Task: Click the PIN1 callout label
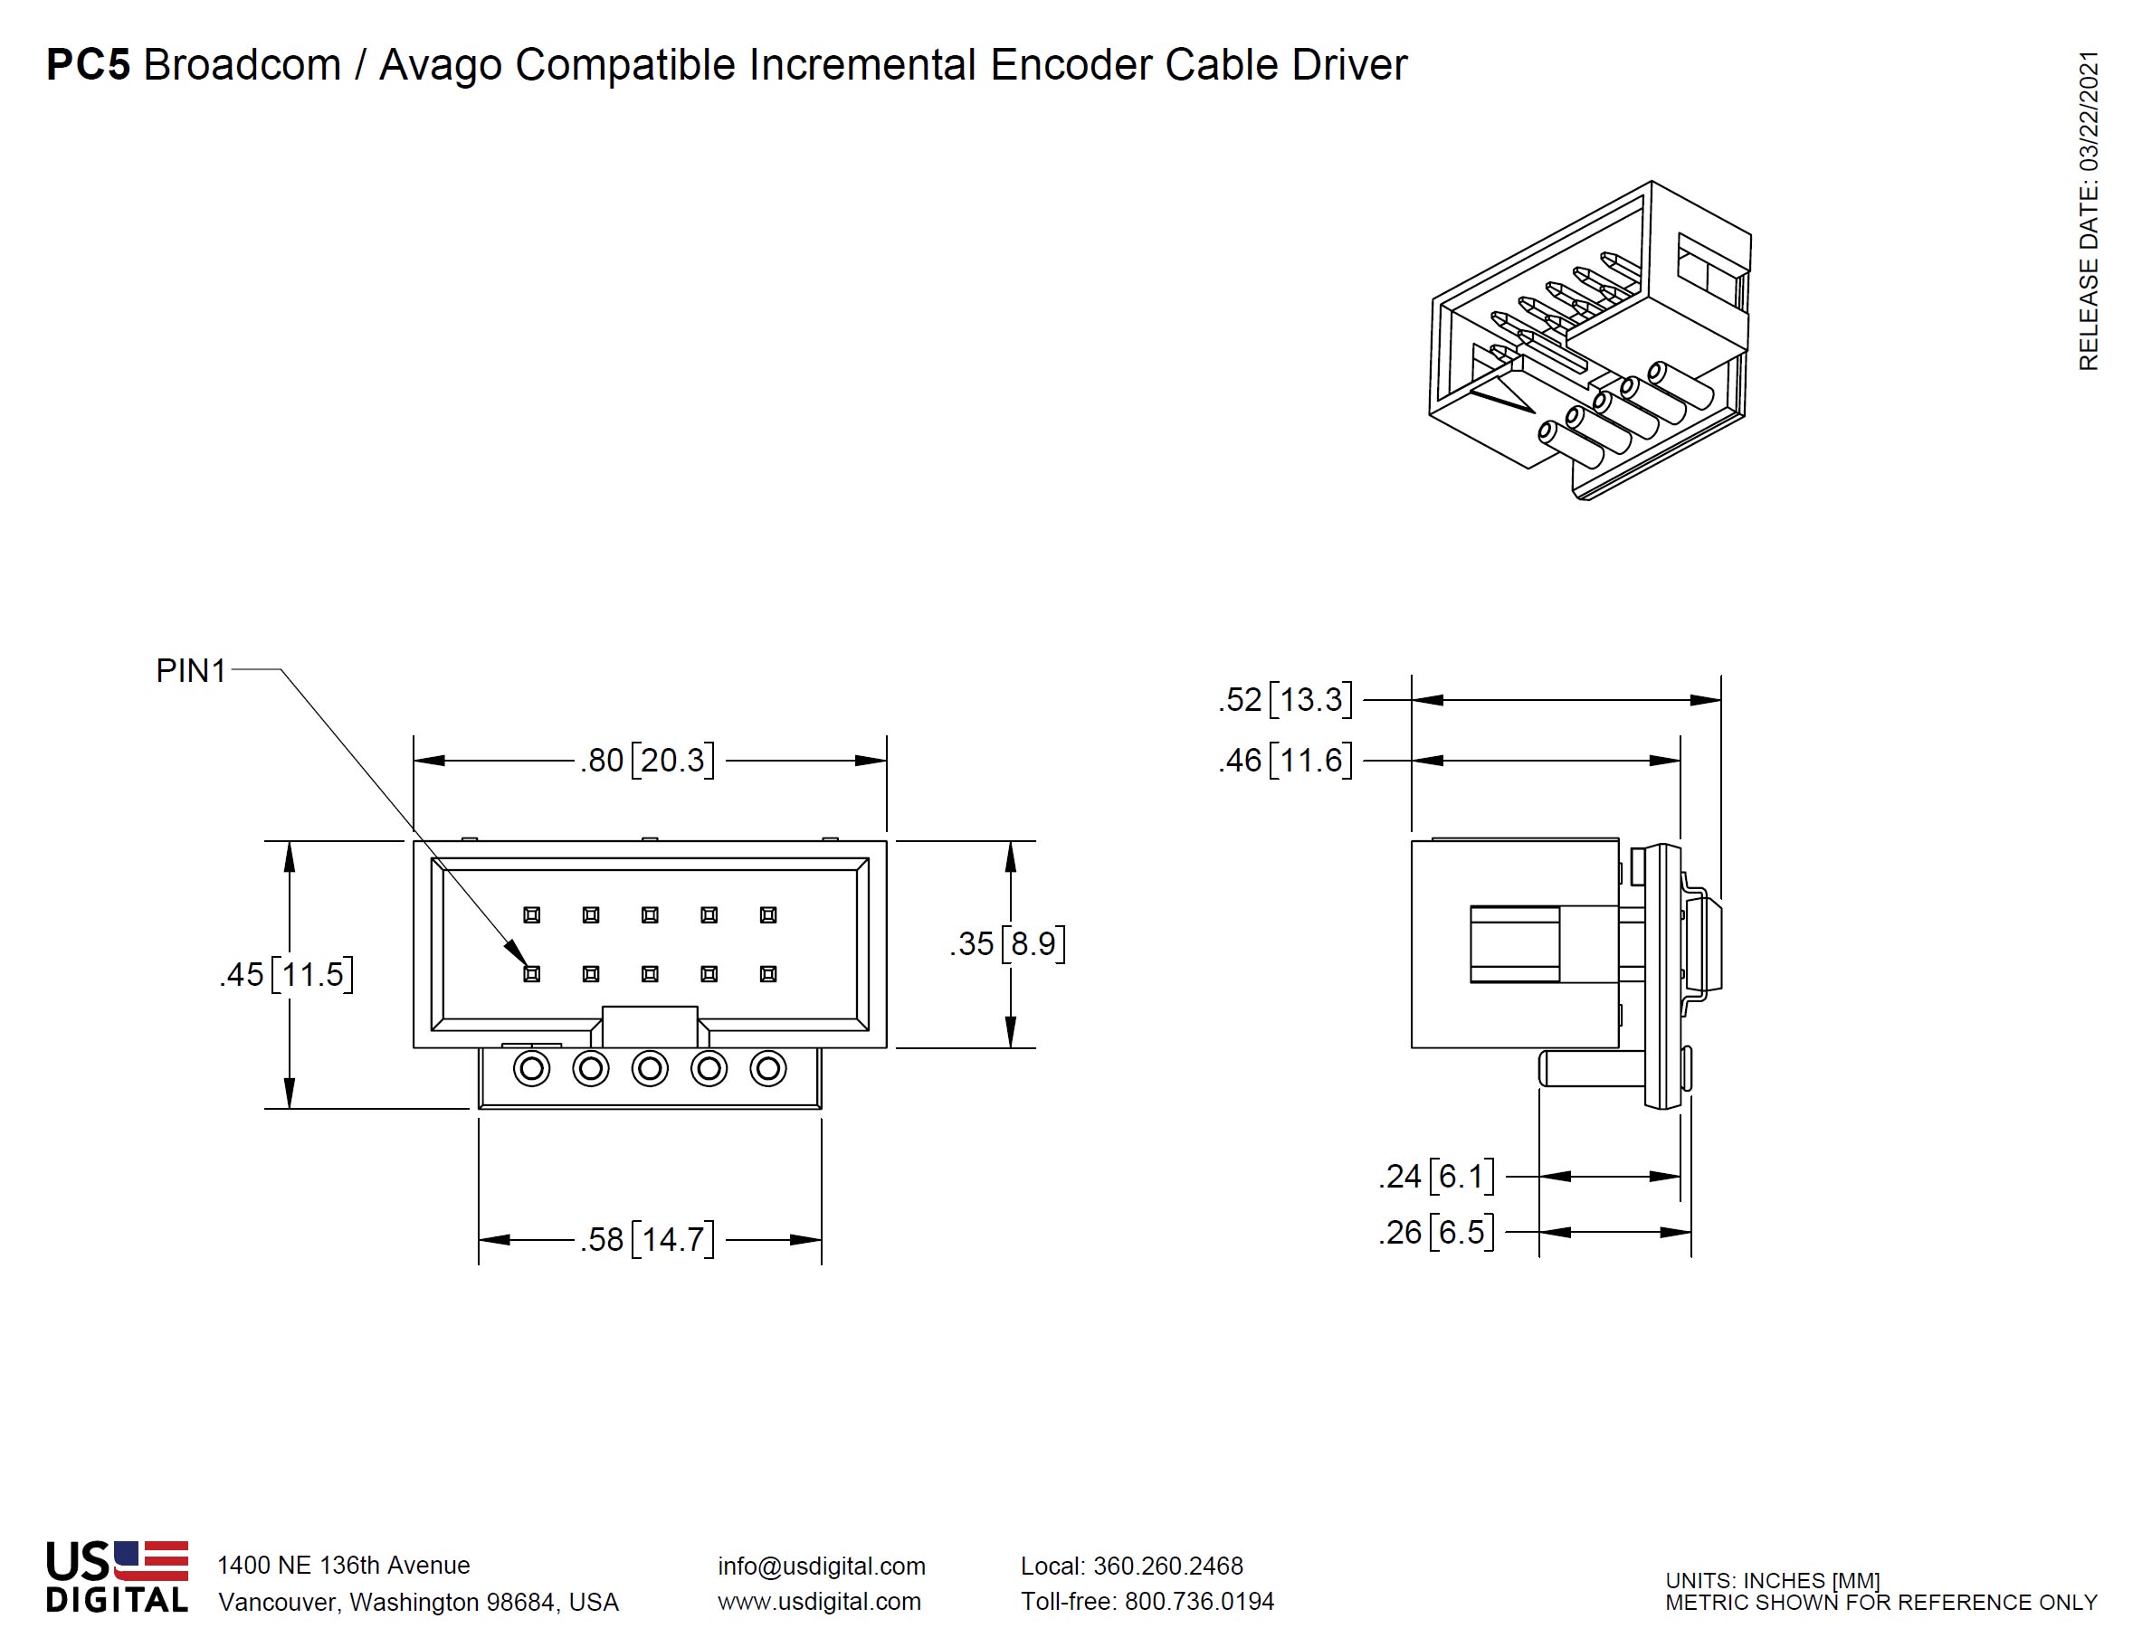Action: pyautogui.click(x=190, y=670)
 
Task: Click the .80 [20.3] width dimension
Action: pyautogui.click(x=646, y=760)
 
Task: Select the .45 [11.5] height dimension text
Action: pyautogui.click(x=286, y=974)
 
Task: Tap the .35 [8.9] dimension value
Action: pyautogui.click(x=1007, y=943)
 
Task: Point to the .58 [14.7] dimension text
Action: pyautogui.click(x=646, y=1239)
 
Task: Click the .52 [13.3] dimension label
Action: pyautogui.click(x=1285, y=700)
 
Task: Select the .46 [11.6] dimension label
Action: pyautogui.click(x=1285, y=760)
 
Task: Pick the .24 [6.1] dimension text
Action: pyautogui.click(x=1436, y=1176)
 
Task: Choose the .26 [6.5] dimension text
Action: pyautogui.click(x=1436, y=1232)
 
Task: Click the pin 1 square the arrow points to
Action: pyautogui.click(x=531, y=973)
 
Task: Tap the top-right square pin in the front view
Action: pyautogui.click(x=768, y=914)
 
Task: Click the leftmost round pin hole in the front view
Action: pyautogui.click(x=531, y=1067)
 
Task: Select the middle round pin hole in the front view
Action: pyautogui.click(x=649, y=1067)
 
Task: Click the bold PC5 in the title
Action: pyautogui.click(x=89, y=65)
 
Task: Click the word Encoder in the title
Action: pyautogui.click(x=1071, y=65)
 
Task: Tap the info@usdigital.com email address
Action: pyautogui.click(x=821, y=1566)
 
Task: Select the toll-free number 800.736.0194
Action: pyautogui.click(x=1198, y=1601)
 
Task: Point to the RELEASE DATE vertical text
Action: pyautogui.click(x=2088, y=210)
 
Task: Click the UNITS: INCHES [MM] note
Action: pyautogui.click(x=1771, y=1580)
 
